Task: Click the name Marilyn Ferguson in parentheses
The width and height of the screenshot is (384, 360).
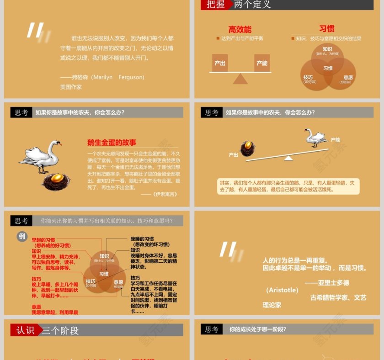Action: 118,77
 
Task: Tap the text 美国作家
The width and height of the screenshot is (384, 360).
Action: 71,86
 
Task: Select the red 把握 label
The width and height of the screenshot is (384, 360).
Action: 215,5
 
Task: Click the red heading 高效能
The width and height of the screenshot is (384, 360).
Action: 240,30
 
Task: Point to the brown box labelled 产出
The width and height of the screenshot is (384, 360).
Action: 220,63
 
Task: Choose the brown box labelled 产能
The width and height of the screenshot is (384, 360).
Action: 262,63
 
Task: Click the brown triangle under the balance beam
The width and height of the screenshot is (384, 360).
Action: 240,79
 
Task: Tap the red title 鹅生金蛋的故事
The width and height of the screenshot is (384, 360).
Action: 112,143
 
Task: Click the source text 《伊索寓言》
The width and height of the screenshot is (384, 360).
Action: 165,194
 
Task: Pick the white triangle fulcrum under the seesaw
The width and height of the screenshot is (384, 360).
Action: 288,158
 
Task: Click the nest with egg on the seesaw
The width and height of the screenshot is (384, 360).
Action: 248,148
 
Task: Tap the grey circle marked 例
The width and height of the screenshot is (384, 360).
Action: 22,236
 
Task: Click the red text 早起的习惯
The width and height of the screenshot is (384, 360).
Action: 43,239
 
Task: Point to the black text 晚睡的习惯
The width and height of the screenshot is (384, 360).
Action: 142,239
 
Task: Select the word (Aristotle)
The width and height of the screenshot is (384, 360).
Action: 283,290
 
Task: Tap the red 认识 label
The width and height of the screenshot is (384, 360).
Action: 25,330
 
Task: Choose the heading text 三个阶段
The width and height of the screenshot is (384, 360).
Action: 60,330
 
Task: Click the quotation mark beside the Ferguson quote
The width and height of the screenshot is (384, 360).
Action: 36,31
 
